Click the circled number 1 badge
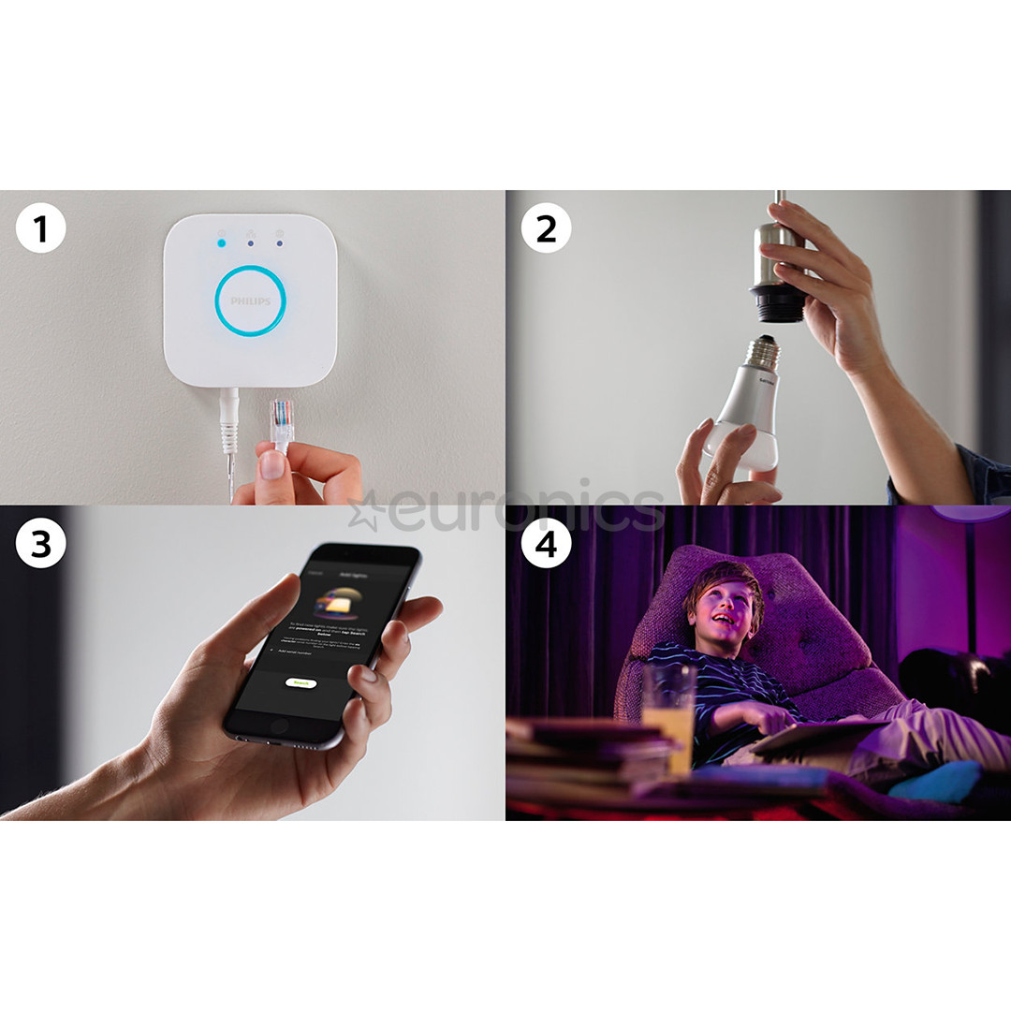coord(40,230)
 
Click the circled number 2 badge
coord(546,230)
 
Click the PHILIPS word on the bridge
coord(250,301)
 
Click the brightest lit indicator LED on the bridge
coord(221,243)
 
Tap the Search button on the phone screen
coord(300,683)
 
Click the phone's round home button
coord(279,725)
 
